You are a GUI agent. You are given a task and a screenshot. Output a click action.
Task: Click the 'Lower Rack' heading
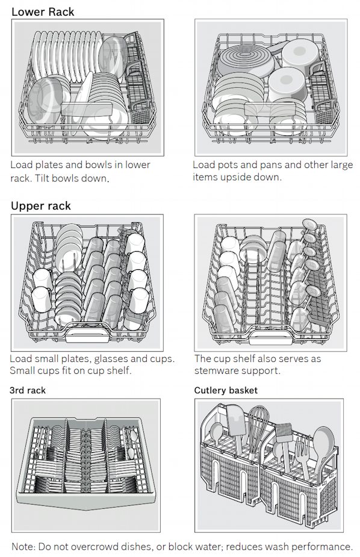[x=43, y=11]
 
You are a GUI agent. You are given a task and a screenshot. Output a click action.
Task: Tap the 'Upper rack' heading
[x=41, y=206]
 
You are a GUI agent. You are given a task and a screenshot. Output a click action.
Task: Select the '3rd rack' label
[x=28, y=390]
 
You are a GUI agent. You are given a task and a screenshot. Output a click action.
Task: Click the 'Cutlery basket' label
[x=226, y=390]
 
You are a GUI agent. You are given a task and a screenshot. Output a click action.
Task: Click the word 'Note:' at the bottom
[x=23, y=547]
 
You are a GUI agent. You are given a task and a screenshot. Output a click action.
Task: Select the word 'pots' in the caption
[x=226, y=165]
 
